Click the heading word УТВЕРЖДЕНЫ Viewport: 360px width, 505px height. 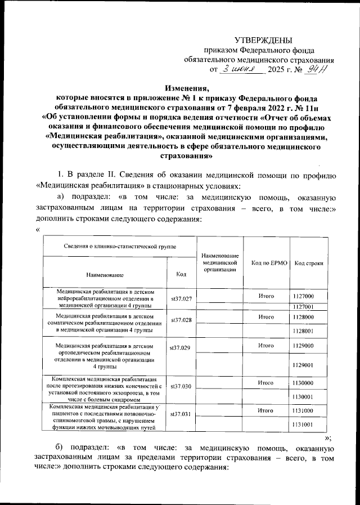coord(263,40)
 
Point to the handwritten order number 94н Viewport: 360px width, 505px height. coord(323,69)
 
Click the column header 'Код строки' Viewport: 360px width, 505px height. coord(309,263)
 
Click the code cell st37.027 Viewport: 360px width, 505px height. coord(181,298)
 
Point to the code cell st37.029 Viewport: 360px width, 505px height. coord(181,348)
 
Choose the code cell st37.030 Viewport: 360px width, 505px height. coord(181,387)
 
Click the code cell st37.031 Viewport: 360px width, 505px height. coord(181,414)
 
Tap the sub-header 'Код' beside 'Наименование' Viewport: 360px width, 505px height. coord(181,274)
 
